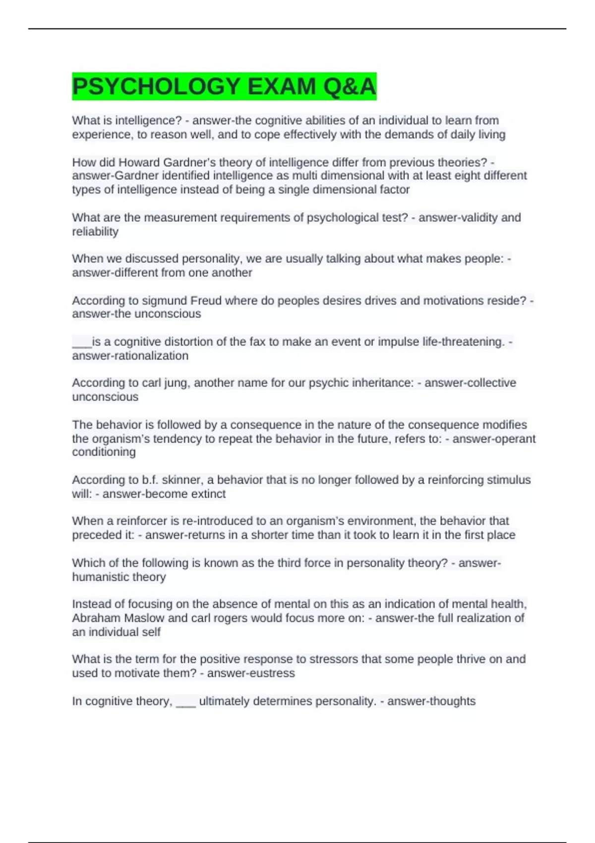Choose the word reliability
click(x=95, y=232)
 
